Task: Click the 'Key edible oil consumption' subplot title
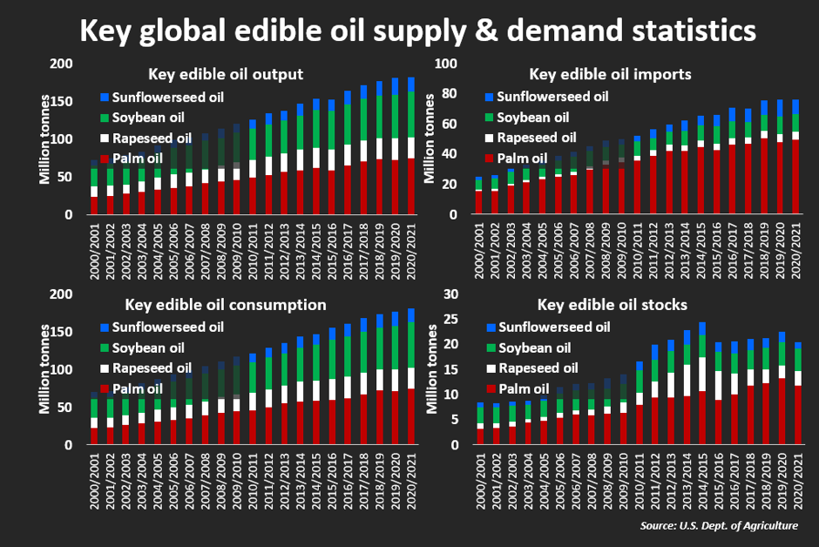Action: pos(227,305)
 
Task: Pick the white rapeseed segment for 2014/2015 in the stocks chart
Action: pos(701,375)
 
